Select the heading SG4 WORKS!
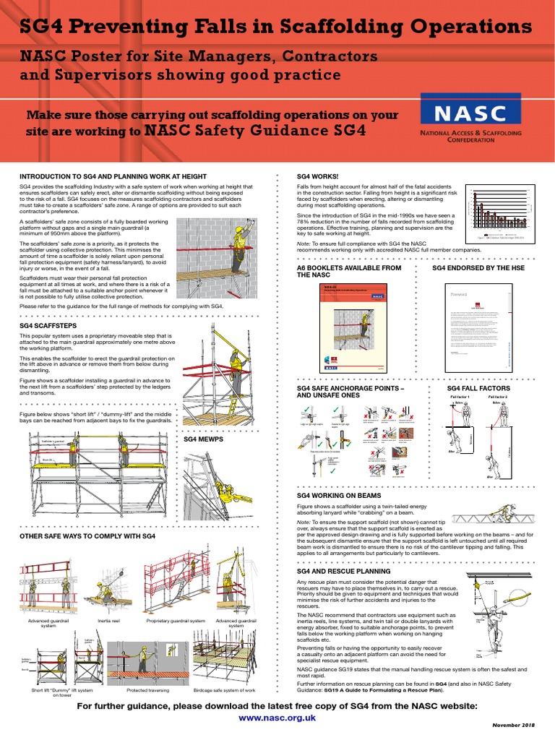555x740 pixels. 317,176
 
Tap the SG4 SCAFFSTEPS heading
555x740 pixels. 47,326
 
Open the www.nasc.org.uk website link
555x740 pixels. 277,718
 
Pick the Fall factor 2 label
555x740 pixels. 498,397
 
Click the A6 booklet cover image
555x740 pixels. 350,326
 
